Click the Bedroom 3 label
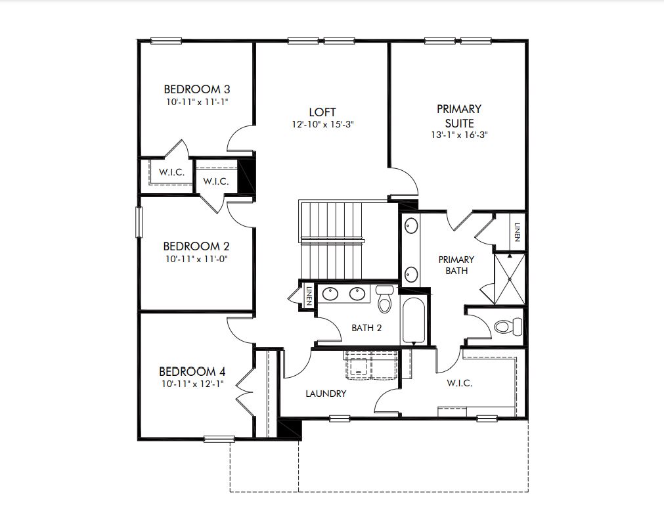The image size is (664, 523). tap(197, 89)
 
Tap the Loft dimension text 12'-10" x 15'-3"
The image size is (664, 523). tap(322, 124)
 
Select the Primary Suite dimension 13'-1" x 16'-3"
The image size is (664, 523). tap(460, 135)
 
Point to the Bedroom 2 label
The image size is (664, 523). tap(196, 246)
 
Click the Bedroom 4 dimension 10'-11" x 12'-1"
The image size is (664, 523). tap(192, 384)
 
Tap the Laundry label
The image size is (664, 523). tap(326, 394)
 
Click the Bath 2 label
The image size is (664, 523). tap(366, 328)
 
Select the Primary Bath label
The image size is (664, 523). tap(456, 265)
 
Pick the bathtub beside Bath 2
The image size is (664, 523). tap(413, 320)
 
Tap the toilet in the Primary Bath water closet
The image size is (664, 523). tap(508, 327)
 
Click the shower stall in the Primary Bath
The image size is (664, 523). tap(510, 279)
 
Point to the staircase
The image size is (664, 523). tap(332, 240)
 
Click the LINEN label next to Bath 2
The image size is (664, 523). tap(309, 296)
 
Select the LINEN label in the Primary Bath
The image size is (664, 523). tap(517, 232)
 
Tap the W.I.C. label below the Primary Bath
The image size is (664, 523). tap(460, 383)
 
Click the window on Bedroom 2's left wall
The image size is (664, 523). tap(139, 222)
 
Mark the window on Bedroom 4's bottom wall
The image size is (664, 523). tap(219, 439)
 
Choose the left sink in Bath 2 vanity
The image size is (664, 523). tap(330, 293)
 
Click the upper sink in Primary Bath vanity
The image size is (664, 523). tap(410, 226)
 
